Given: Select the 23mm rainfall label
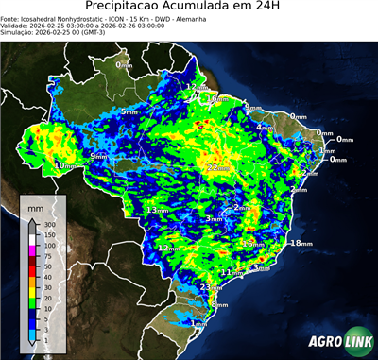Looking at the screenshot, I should pos(211,286).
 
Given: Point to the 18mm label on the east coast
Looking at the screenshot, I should pos(301,243).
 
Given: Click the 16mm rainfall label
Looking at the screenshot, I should pos(253,243).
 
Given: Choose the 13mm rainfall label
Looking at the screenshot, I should pos(157,210).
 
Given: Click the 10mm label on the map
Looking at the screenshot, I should pos(64,166).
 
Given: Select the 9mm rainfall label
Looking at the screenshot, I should pos(98,155).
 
